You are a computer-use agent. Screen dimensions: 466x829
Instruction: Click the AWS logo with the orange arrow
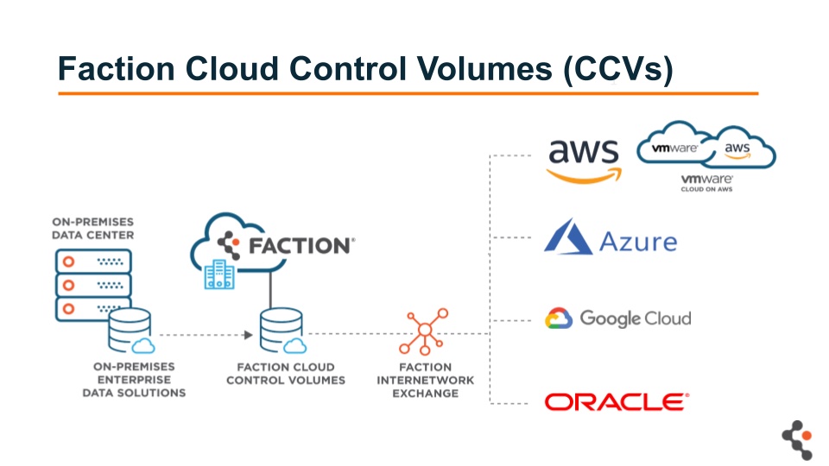point(584,159)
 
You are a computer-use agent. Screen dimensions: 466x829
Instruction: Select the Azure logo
point(610,238)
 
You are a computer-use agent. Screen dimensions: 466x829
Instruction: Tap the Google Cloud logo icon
point(559,318)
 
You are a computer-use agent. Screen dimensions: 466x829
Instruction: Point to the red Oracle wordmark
point(616,401)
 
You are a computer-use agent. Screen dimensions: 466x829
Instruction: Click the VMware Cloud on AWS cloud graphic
point(706,149)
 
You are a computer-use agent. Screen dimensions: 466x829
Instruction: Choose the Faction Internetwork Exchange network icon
point(424,331)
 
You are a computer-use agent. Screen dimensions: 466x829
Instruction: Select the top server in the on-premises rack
point(92,261)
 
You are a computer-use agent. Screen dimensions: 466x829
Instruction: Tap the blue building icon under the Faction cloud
point(218,275)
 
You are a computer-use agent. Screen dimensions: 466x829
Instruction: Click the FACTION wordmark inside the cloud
point(300,245)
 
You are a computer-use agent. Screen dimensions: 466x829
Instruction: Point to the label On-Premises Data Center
point(92,228)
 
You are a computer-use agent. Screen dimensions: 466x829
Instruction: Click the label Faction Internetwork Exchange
point(424,381)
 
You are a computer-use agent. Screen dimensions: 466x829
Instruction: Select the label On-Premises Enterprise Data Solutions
point(134,380)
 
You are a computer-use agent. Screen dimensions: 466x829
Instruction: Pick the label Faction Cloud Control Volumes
point(285,374)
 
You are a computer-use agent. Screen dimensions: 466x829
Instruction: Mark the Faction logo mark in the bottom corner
point(796,440)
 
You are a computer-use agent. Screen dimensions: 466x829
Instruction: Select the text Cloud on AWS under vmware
point(706,188)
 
